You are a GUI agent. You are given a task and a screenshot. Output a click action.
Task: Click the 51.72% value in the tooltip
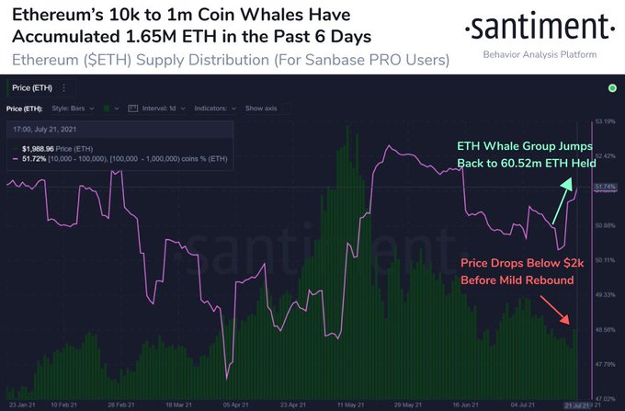(x=36, y=157)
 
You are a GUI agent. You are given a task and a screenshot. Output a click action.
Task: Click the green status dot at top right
(x=611, y=88)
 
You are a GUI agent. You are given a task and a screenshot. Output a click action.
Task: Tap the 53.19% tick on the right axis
(x=605, y=120)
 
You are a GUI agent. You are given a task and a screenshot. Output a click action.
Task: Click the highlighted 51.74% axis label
(x=605, y=187)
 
